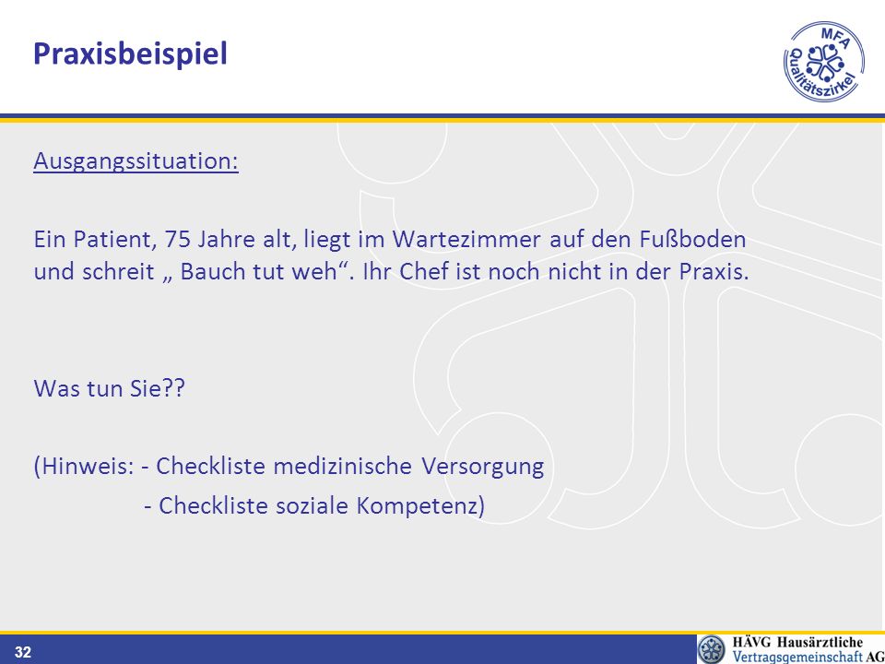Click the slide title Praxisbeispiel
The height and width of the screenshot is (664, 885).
(130, 54)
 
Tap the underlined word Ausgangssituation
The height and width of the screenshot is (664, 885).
(136, 160)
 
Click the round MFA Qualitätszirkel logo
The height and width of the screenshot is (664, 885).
(824, 62)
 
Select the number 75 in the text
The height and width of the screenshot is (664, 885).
(177, 240)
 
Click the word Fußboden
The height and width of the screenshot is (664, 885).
(692, 240)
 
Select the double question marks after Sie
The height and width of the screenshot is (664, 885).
(174, 388)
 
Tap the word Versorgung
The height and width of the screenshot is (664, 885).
(482, 467)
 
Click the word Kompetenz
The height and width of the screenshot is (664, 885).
(417, 506)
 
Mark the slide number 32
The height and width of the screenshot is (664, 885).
(22, 653)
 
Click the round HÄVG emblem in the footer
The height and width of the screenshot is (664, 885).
(712, 649)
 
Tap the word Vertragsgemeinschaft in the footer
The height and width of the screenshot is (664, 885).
(797, 657)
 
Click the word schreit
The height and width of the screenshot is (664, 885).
(118, 271)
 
